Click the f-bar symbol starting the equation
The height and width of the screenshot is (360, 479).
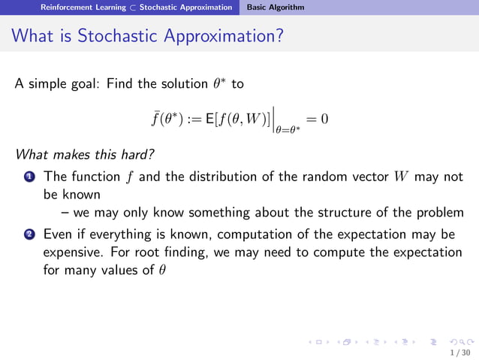coord(155,119)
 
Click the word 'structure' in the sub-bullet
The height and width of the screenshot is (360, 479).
coord(352,212)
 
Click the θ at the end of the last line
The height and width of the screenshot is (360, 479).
coord(161,271)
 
